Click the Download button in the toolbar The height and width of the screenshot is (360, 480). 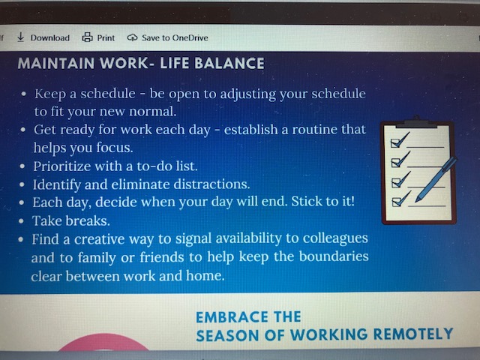tap(43, 37)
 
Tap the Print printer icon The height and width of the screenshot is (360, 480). tap(87, 37)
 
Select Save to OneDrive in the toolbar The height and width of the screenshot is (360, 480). tap(168, 37)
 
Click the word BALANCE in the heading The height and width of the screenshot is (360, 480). tap(229, 63)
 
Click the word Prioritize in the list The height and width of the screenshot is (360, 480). tap(62, 166)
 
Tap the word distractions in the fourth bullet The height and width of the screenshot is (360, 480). tap(211, 184)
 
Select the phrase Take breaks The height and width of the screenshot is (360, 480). tap(71, 220)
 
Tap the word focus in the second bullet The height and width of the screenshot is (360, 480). tap(115, 148)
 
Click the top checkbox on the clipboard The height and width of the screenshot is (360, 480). tap(395, 143)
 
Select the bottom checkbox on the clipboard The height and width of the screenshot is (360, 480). tap(397, 202)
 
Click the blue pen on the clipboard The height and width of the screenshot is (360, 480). tap(436, 179)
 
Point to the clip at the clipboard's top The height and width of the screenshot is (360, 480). tap(416, 121)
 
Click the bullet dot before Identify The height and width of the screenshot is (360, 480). tap(22, 184)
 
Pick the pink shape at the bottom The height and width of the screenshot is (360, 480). tap(103, 342)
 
